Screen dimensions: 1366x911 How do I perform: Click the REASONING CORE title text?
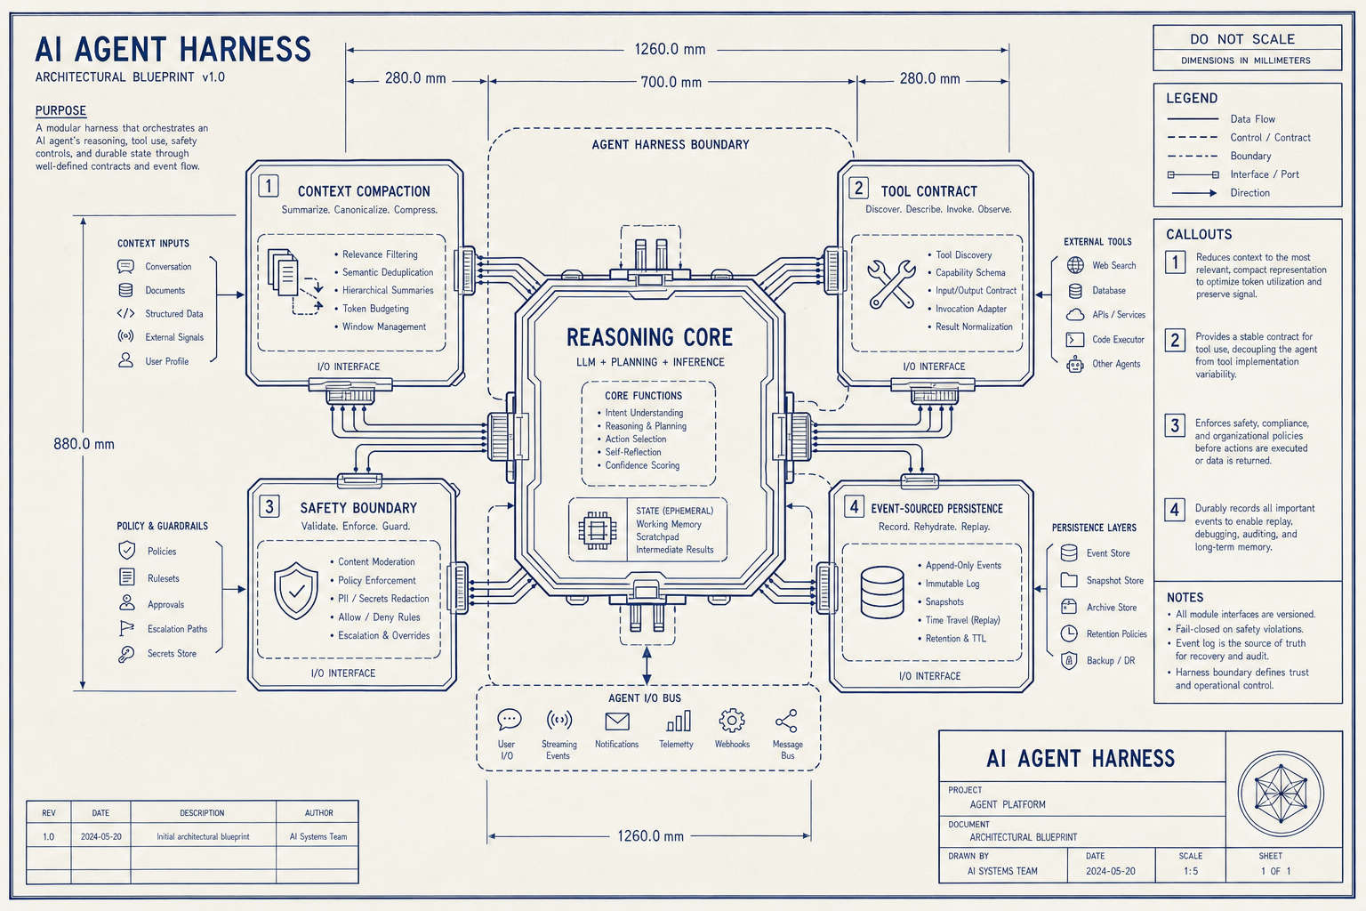pyautogui.click(x=649, y=337)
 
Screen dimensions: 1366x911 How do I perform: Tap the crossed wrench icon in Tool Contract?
pyautogui.click(x=892, y=284)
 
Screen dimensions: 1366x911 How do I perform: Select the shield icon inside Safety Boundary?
pyautogui.click(x=296, y=591)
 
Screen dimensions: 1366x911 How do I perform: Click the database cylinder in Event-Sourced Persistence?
pyautogui.click(x=882, y=593)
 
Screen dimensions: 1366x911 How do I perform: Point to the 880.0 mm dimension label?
pyautogui.click(x=84, y=444)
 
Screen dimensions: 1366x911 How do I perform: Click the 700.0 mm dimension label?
pyautogui.click(x=671, y=82)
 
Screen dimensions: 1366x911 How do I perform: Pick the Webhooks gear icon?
pyautogui.click(x=732, y=721)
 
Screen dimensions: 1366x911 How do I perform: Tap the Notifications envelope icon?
pyautogui.click(x=617, y=722)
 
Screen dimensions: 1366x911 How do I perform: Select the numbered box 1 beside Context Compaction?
pyautogui.click(x=269, y=186)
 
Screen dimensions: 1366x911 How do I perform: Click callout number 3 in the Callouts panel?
pyautogui.click(x=1175, y=425)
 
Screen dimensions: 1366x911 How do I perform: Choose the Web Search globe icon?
pyautogui.click(x=1075, y=265)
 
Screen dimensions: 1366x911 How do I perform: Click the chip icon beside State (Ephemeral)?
pyautogui.click(x=597, y=529)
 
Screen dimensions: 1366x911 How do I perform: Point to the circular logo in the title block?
pyautogui.click(x=1281, y=794)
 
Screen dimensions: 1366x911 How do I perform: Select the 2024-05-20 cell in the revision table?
pyautogui.click(x=101, y=836)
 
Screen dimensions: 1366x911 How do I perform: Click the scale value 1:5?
pyautogui.click(x=1191, y=871)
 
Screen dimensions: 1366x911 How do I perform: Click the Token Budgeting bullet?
pyautogui.click(x=372, y=309)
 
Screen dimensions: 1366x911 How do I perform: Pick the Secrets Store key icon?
pyautogui.click(x=126, y=654)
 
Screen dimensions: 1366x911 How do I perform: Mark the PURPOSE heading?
pyautogui.click(x=60, y=110)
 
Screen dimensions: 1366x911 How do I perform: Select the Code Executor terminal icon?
pyautogui.click(x=1074, y=339)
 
